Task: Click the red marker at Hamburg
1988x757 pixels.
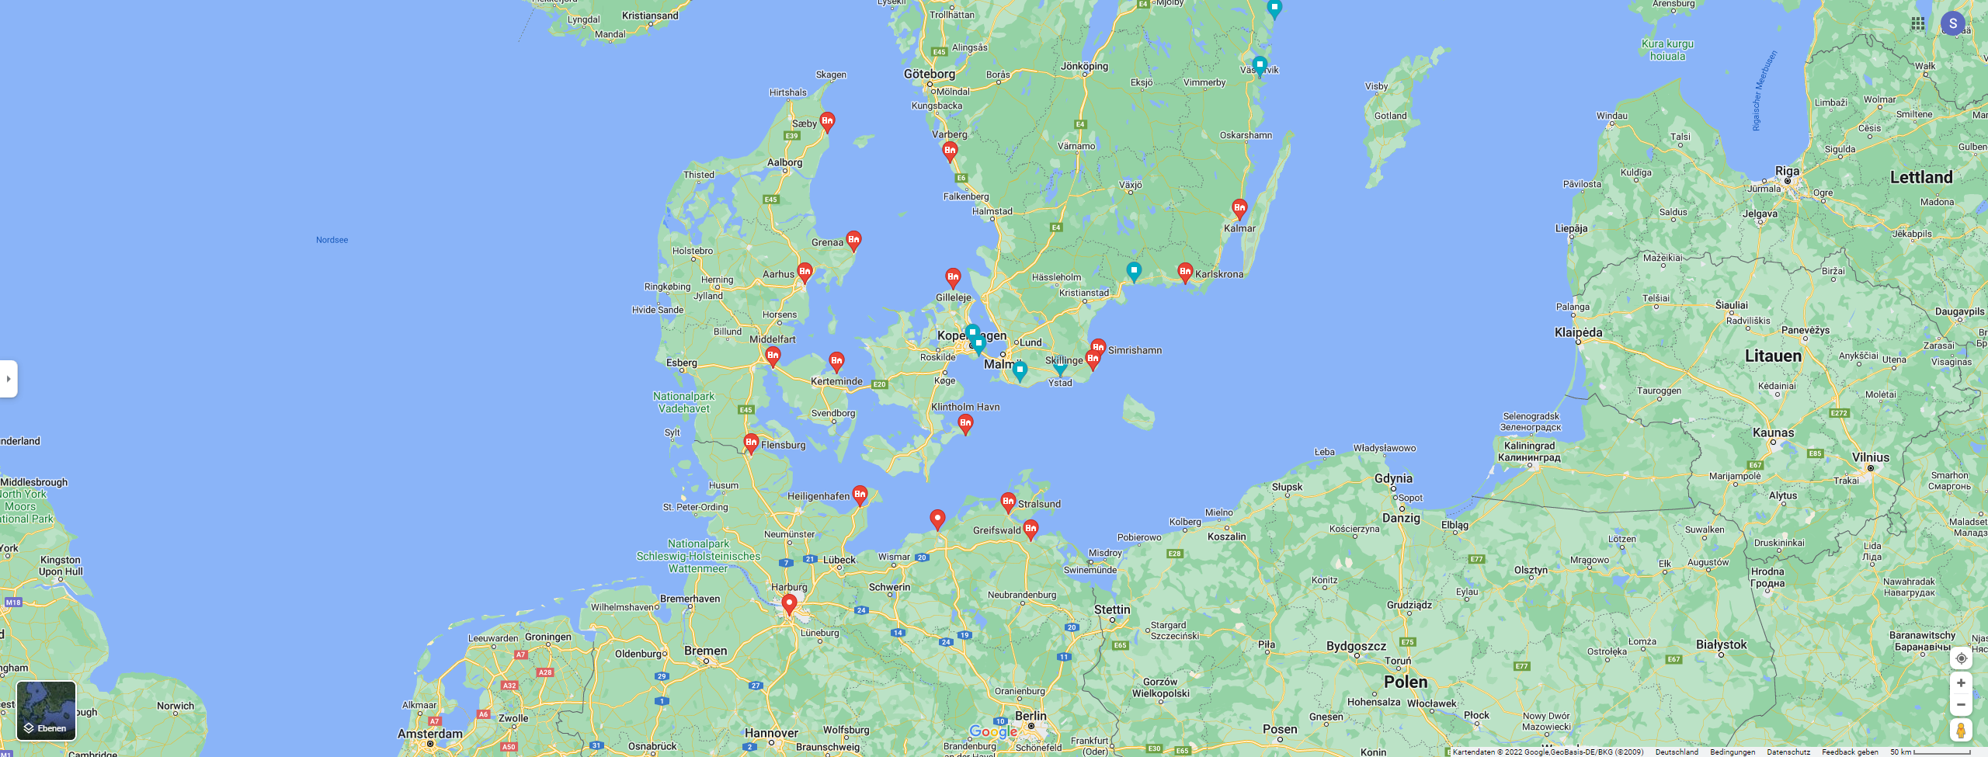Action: tap(789, 603)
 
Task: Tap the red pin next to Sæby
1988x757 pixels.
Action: tap(827, 121)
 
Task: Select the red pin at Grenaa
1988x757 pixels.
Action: tap(853, 240)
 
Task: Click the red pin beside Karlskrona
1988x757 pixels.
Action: tap(1184, 272)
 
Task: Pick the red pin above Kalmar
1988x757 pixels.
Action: tap(1239, 208)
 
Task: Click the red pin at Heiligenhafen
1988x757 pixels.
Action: tap(860, 495)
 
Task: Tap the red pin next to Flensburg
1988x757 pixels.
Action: tap(751, 443)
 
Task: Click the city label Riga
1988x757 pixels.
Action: tap(1787, 171)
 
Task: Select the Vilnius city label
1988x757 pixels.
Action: tap(1870, 457)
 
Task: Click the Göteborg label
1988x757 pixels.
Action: tap(930, 74)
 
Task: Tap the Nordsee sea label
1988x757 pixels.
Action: tap(332, 240)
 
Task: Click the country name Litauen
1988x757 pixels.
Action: tap(1773, 356)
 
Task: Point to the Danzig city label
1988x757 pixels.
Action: tap(1401, 518)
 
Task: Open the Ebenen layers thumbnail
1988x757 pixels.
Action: tap(47, 710)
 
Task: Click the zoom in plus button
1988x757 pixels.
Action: tap(1961, 682)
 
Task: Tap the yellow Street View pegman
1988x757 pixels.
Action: tap(1961, 730)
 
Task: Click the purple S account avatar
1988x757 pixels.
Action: tap(1953, 23)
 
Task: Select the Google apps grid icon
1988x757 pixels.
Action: tap(1918, 23)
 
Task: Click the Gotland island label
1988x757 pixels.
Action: tap(1390, 116)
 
